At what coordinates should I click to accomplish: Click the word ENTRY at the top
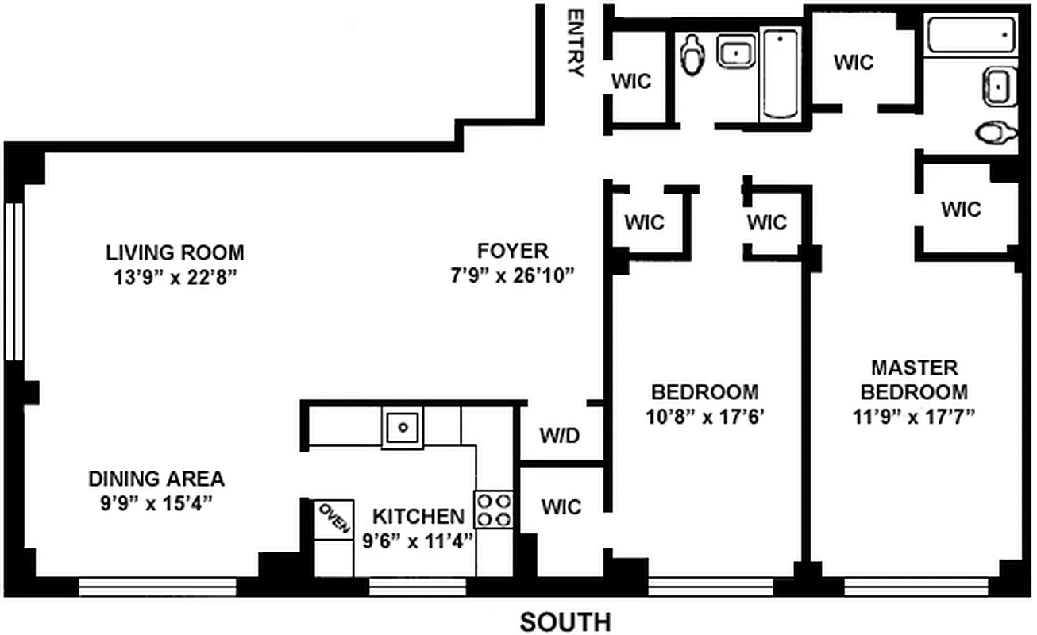click(576, 43)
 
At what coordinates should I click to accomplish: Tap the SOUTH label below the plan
click(565, 622)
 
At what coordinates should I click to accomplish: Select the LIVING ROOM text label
click(175, 253)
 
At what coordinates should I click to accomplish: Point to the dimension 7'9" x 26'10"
click(512, 275)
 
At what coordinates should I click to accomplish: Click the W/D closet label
click(560, 436)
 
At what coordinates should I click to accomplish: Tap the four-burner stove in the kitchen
click(494, 510)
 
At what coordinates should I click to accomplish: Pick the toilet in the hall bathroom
click(693, 54)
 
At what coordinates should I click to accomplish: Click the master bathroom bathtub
click(971, 36)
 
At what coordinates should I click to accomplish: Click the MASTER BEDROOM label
click(914, 379)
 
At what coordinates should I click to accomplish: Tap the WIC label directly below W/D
click(561, 506)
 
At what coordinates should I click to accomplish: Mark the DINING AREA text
click(156, 479)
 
